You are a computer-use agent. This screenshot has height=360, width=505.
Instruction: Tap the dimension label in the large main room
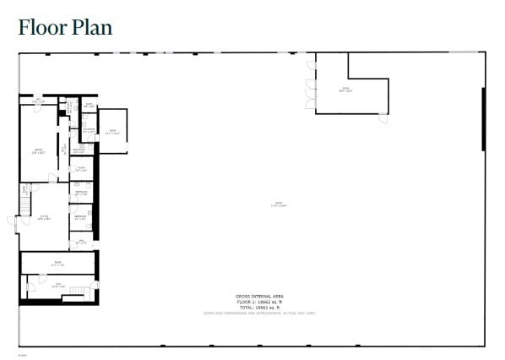(x=279, y=205)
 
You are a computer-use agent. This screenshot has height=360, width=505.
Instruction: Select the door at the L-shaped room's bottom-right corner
(x=383, y=117)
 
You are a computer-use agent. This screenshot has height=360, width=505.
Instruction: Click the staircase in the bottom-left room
(x=79, y=291)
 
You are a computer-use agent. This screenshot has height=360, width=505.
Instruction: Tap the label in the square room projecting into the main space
(x=112, y=131)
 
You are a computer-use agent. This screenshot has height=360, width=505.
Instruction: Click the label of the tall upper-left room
(x=37, y=152)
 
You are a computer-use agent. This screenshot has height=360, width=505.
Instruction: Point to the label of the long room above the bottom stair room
(x=58, y=263)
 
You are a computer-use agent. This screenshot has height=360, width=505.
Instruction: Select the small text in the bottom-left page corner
(x=22, y=355)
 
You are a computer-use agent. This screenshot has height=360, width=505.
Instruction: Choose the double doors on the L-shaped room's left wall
(x=312, y=86)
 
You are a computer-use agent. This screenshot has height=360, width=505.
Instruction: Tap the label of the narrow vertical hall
(x=64, y=149)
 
